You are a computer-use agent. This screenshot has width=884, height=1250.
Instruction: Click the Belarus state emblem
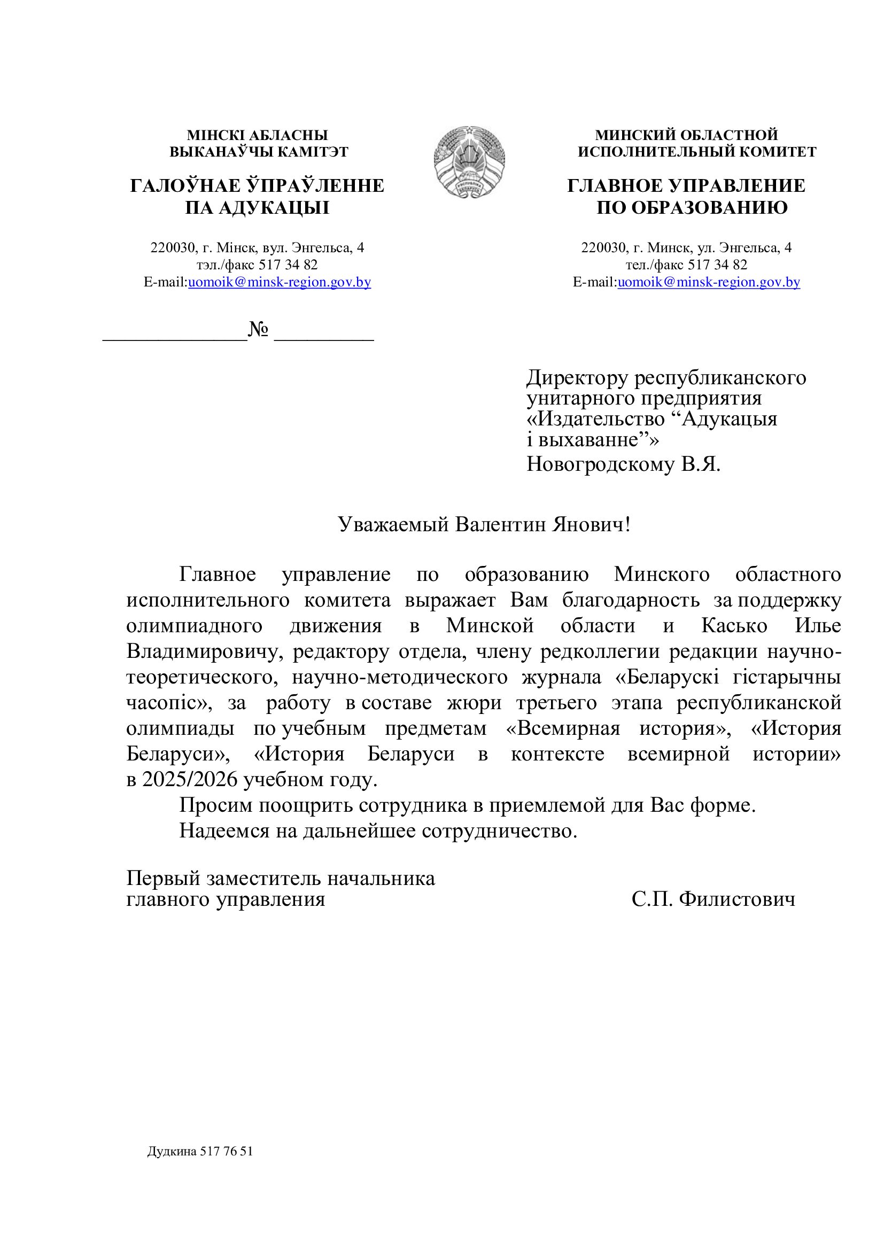coord(469,162)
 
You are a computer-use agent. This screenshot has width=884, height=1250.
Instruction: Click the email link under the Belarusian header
coord(279,282)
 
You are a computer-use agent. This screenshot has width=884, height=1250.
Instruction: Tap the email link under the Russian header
coord(709,282)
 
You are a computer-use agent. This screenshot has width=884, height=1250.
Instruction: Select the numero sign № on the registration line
coord(258,329)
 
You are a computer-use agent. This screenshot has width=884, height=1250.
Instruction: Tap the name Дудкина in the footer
coord(172,1151)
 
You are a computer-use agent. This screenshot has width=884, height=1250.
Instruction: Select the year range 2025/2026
coord(190,780)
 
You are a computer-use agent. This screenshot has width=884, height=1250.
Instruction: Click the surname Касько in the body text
coord(734,626)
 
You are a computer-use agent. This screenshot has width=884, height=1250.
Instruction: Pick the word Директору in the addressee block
coord(577,377)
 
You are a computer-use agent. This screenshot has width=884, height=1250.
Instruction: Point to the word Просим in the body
coord(215,805)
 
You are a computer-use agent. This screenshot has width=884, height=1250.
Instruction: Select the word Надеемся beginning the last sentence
coord(224,831)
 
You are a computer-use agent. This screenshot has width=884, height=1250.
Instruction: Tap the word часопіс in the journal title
coord(166,703)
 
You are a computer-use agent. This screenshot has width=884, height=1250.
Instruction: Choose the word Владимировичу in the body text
coord(205,651)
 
